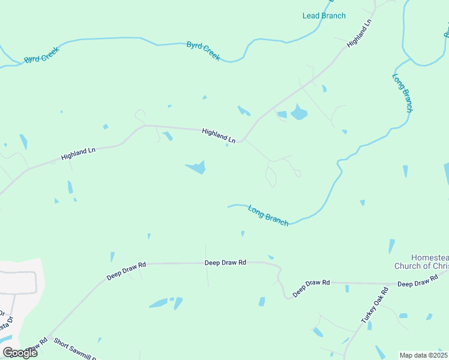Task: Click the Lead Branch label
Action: click(324, 16)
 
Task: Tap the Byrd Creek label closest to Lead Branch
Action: click(203, 50)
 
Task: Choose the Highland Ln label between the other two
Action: click(218, 135)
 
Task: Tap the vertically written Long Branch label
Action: click(402, 92)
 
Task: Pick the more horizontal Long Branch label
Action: click(268, 215)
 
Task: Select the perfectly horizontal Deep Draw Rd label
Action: click(225, 263)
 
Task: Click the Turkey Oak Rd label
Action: click(375, 306)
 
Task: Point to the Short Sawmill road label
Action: click(75, 350)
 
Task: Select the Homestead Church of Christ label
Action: click(421, 262)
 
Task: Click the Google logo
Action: click(20, 353)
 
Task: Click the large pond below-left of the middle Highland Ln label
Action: click(196, 167)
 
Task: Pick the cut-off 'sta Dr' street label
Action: click(4, 326)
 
